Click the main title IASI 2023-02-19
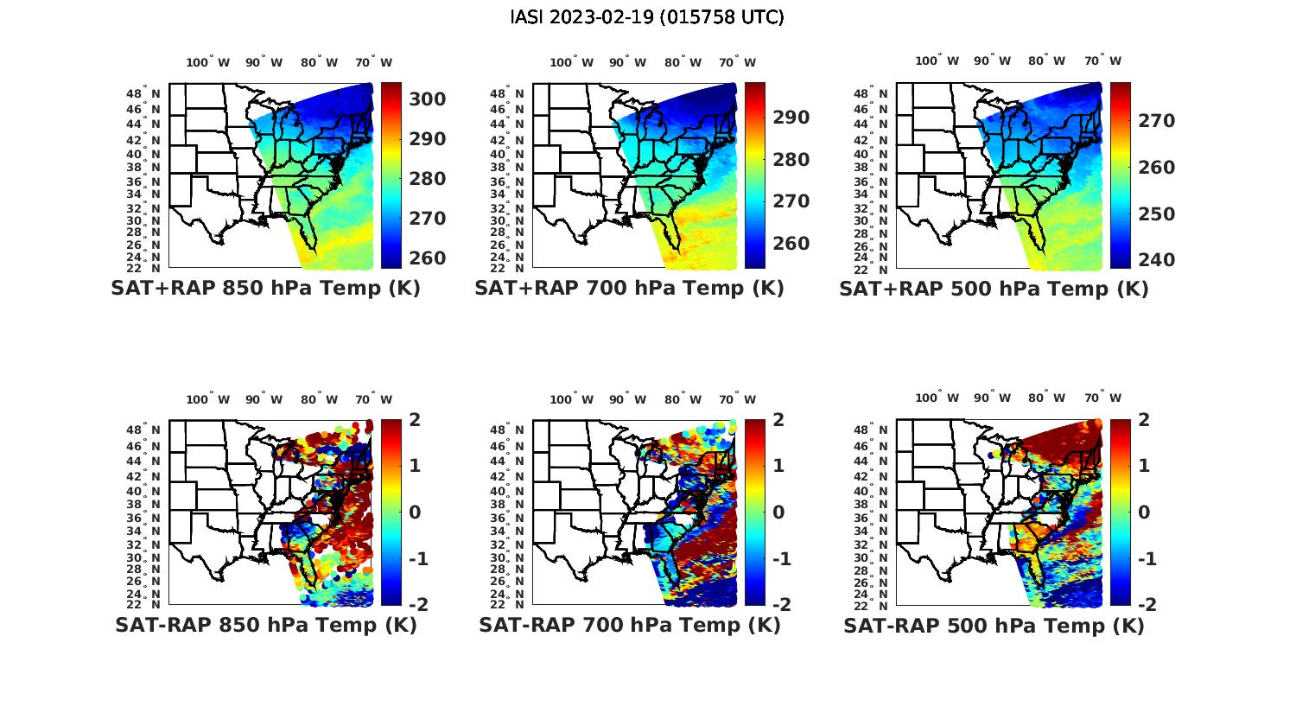pyautogui.click(x=647, y=17)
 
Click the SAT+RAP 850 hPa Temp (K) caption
pyautogui.click(x=265, y=289)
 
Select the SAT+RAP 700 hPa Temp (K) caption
pyautogui.click(x=629, y=289)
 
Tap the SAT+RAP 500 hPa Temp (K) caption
pyautogui.click(x=994, y=290)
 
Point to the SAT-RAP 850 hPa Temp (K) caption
pyautogui.click(x=265, y=625)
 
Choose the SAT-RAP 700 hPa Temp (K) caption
pyautogui.click(x=629, y=625)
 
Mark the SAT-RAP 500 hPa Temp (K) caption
pyautogui.click(x=994, y=626)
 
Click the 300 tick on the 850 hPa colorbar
pyautogui.click(x=427, y=99)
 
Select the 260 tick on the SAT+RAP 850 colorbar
pyautogui.click(x=427, y=258)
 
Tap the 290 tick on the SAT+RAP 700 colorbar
pyautogui.click(x=791, y=118)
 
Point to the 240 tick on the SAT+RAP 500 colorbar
pyautogui.click(x=1156, y=260)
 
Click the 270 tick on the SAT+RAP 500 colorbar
pyautogui.click(x=1156, y=121)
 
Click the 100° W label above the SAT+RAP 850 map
pyautogui.click(x=208, y=62)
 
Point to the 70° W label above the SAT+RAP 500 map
pyautogui.click(x=1103, y=60)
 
